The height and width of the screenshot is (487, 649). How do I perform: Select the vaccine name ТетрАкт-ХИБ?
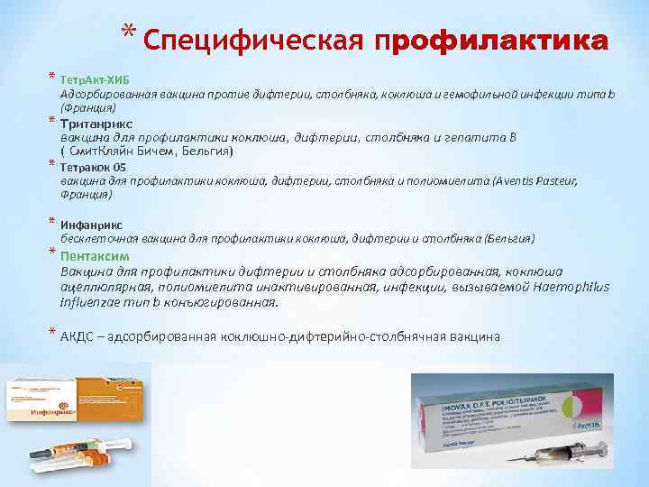point(94,78)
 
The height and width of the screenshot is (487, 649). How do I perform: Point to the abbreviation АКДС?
point(78,336)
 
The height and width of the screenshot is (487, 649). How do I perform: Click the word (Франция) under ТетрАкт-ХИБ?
point(87,107)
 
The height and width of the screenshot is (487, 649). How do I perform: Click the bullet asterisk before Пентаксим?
point(52,253)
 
